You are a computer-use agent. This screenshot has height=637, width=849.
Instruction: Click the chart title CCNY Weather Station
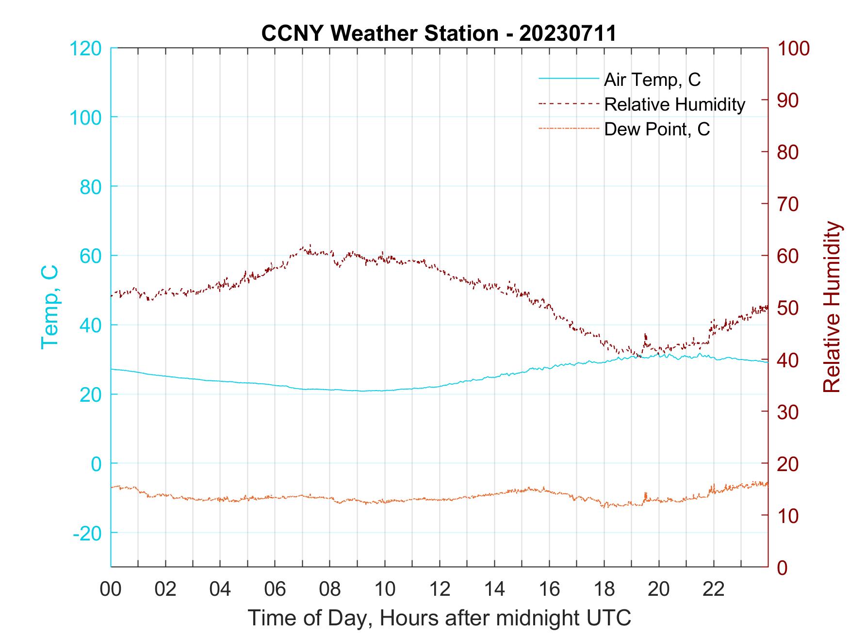coord(439,33)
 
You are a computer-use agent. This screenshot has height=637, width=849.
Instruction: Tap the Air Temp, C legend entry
coord(652,80)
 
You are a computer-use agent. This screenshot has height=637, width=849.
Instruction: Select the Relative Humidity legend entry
coord(674,104)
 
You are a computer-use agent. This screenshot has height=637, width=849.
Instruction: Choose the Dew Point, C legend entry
coord(657,130)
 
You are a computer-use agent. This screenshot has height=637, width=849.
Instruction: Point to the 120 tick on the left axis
coord(85,49)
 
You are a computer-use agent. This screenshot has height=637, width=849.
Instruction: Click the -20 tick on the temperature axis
coord(87,533)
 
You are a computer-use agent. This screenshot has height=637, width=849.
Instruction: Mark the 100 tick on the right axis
coord(794,49)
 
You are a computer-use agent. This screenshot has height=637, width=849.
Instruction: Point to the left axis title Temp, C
coord(49,307)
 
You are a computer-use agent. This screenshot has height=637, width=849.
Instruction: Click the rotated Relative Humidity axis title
coord(832,307)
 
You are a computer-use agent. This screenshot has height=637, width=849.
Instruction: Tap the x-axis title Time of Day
coord(440,618)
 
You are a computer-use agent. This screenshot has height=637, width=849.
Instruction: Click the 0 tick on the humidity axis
coord(783,567)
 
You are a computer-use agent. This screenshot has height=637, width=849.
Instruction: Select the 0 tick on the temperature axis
coord(97,464)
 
